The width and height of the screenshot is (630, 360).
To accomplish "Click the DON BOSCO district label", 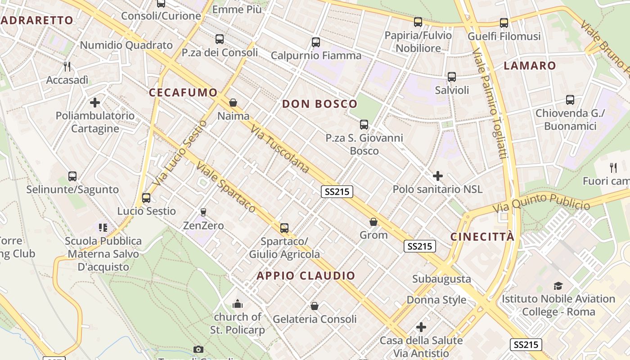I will coord(319,104).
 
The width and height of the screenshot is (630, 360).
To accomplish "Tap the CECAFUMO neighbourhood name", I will coord(183,93).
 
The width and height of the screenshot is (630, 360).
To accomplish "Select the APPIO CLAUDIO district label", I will coord(306,275).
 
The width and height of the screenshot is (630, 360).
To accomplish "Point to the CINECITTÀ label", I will coord(482,237).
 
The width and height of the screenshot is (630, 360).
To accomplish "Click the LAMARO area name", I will coord(530,66).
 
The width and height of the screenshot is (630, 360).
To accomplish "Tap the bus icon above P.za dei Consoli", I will coord(220,39).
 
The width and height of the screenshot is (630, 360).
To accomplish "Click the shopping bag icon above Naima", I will coord(233,103).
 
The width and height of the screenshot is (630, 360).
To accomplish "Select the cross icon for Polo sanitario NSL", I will coord(437,176).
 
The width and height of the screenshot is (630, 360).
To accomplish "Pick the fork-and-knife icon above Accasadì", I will coord(67,67).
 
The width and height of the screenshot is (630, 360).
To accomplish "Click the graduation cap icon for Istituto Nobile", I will coord(558,286).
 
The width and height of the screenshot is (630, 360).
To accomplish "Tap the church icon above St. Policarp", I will coord(238,304).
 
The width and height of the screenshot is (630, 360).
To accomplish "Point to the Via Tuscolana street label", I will coord(280,149).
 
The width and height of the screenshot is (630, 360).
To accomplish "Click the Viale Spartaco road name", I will coord(225,187).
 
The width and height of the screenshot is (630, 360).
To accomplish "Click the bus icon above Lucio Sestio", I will coord(146,198).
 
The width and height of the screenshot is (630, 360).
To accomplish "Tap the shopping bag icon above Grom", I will coord(373,222).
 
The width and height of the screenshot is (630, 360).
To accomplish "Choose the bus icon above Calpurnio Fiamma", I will coord(316,42).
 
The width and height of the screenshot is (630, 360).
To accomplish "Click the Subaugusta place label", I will coord(441,279).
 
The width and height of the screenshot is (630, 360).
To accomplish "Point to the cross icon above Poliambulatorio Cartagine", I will coord(95,103).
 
